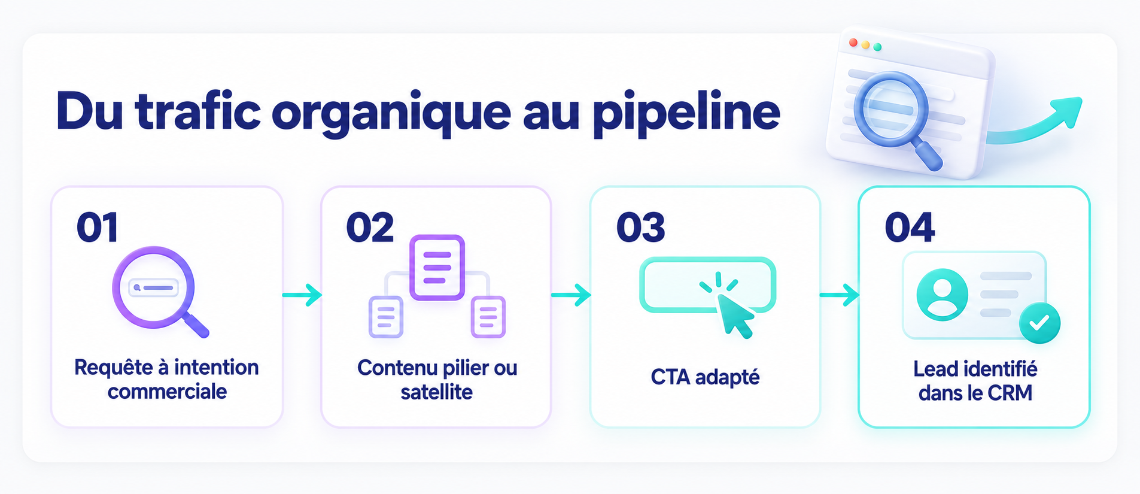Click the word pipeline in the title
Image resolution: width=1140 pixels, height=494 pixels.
(x=686, y=113)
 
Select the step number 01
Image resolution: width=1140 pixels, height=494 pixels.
(x=98, y=228)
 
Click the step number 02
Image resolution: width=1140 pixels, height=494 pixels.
(x=370, y=228)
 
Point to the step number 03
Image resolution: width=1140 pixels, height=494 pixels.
(x=640, y=228)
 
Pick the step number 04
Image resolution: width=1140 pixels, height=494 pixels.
(x=910, y=228)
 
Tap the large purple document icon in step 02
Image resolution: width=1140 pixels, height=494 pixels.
(x=437, y=267)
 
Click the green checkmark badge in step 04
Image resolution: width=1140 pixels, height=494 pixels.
(x=1039, y=323)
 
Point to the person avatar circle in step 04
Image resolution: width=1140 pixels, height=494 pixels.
(x=942, y=295)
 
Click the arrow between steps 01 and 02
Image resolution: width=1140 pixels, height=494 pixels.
(x=302, y=295)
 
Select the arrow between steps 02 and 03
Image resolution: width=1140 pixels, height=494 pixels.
(x=571, y=295)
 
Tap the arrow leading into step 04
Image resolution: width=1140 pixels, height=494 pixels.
(x=840, y=295)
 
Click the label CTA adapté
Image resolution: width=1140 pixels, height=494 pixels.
(x=705, y=378)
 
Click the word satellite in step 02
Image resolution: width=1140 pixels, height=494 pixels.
(x=436, y=392)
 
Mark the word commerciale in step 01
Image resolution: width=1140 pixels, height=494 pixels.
(x=167, y=392)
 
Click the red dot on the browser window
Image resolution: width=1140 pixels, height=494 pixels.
(x=853, y=43)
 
